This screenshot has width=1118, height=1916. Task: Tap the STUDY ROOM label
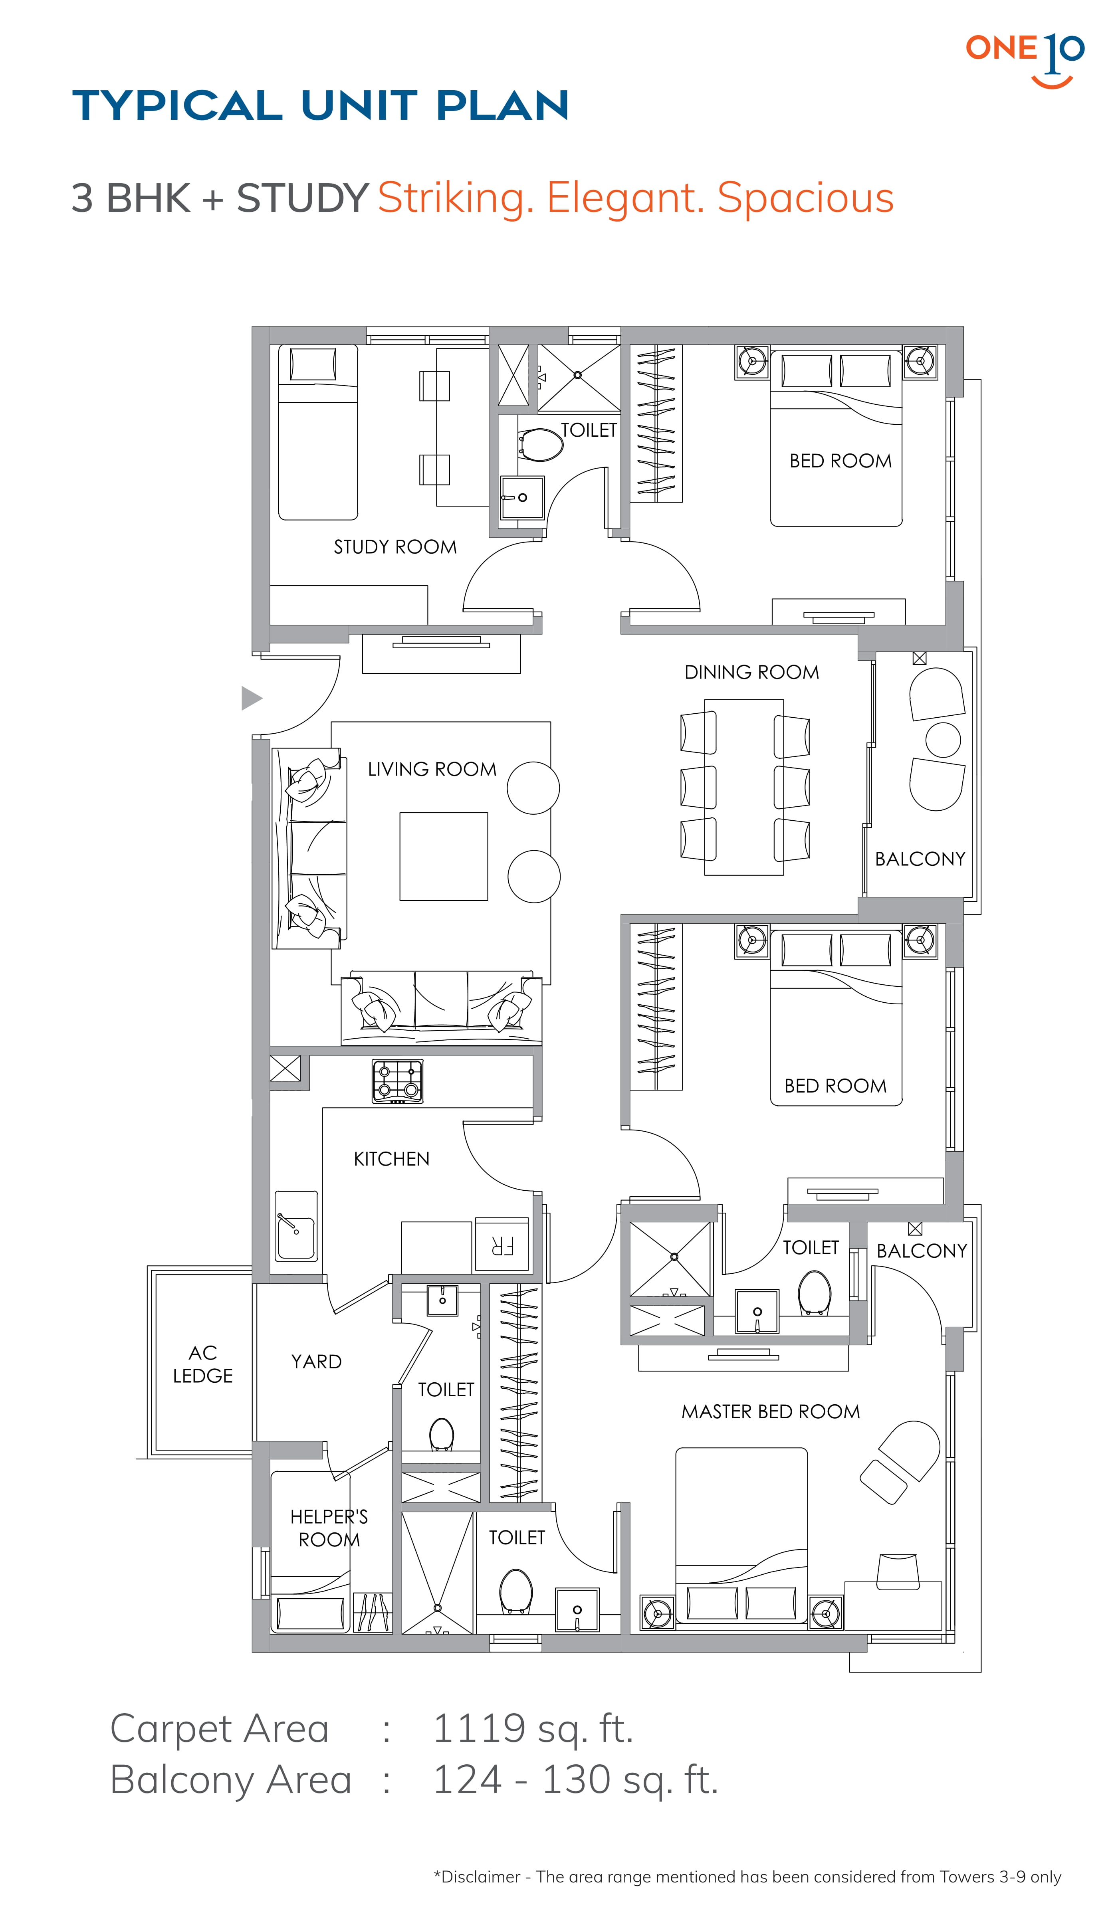[395, 547]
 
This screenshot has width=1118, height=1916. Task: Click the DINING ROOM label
[751, 672]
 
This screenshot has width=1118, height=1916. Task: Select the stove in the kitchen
[397, 1081]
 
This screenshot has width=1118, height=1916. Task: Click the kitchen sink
[296, 1225]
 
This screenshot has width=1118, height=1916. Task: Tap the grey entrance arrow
[252, 698]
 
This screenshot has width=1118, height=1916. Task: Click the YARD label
[316, 1362]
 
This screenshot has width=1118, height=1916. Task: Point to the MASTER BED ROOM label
[771, 1412]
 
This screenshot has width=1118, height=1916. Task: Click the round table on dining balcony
[943, 740]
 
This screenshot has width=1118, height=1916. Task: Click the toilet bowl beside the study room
[541, 445]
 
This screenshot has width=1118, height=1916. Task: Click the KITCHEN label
[392, 1159]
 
